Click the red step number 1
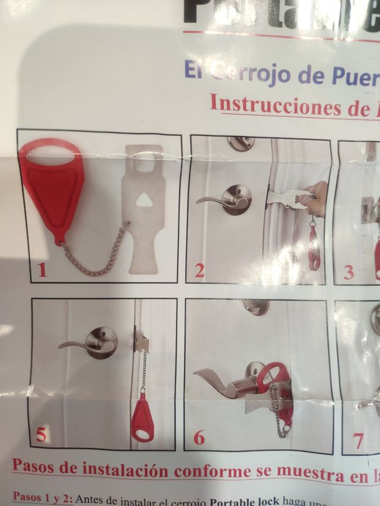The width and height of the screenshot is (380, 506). [42, 270]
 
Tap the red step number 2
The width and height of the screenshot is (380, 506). [199, 271]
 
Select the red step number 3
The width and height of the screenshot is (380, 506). [349, 272]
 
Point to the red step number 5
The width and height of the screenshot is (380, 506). [40, 435]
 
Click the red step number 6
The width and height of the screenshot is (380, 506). [199, 438]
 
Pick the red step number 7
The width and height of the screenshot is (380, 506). [358, 440]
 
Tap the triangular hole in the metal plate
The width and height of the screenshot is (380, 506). [143, 201]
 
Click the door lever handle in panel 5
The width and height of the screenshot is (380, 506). [89, 344]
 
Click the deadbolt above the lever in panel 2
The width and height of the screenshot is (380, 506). [240, 142]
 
